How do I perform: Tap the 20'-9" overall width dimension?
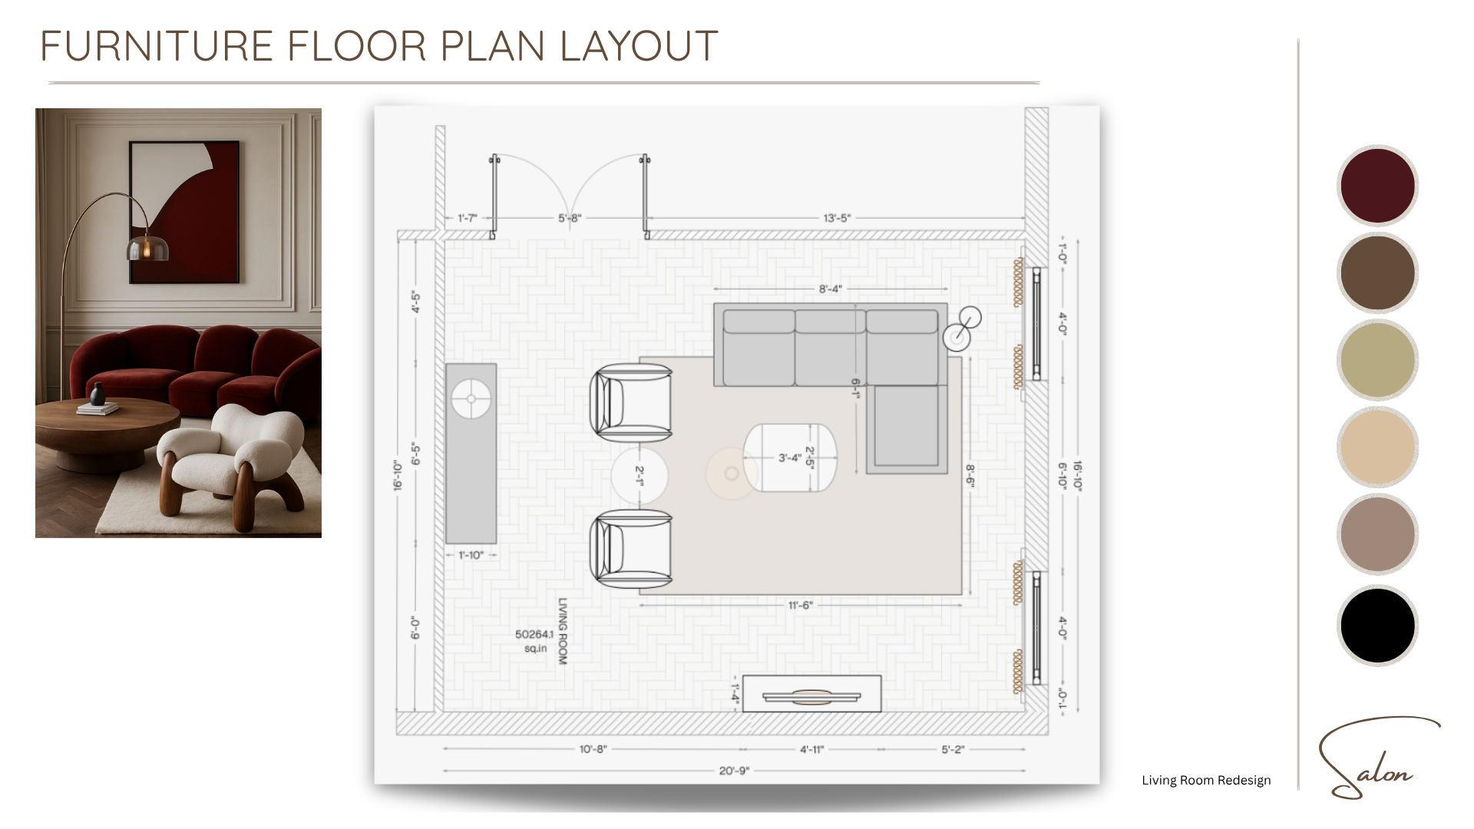pos(734,771)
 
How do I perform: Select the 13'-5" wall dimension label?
pos(837,218)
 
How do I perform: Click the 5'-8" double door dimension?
pos(570,218)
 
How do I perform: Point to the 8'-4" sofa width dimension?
pos(830,289)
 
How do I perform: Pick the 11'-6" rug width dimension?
pos(800,606)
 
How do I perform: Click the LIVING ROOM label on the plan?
pos(563,631)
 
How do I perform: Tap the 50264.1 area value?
pos(534,634)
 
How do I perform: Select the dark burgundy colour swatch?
pos(1377,185)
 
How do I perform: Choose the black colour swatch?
pos(1377,625)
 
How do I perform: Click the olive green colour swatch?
pos(1377,359)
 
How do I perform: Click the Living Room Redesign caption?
pos(1206,781)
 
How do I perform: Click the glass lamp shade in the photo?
pos(147,247)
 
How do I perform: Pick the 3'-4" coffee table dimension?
pos(790,457)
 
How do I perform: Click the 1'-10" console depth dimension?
pos(471,555)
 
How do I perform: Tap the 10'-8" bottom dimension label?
pos(593,749)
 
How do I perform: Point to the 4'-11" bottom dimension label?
pos(811,749)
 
